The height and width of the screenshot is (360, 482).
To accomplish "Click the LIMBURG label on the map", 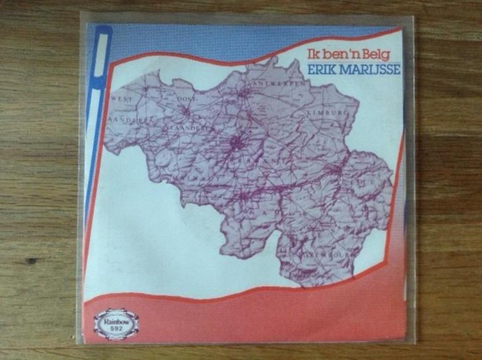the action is click(x=327, y=114).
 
